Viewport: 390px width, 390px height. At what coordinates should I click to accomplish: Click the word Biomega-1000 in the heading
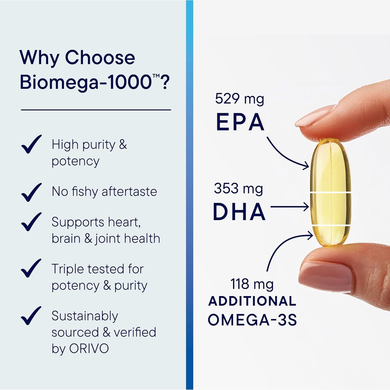[x=86, y=82]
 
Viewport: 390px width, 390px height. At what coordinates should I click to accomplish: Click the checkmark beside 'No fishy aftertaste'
[x=31, y=192]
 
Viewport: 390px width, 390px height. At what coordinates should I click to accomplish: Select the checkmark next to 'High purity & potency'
[x=31, y=144]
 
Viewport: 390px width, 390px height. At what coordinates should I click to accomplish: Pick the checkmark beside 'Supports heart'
[x=31, y=222]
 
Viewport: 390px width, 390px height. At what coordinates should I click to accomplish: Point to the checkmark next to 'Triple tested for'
[x=31, y=268]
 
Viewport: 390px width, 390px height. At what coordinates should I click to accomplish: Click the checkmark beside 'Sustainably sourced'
[x=31, y=316]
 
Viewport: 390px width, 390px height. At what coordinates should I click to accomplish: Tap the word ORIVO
[x=89, y=348]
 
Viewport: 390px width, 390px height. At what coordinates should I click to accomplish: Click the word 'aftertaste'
[x=129, y=192]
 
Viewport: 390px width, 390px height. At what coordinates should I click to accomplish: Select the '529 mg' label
[x=239, y=99]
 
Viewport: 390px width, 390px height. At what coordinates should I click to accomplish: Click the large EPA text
[x=240, y=122]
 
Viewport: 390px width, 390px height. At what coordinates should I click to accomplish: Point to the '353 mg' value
[x=238, y=188]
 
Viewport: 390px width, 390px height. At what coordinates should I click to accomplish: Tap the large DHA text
[x=239, y=212]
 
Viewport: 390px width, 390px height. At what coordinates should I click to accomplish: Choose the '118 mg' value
[x=252, y=284]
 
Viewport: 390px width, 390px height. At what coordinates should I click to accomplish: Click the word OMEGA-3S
[x=252, y=320]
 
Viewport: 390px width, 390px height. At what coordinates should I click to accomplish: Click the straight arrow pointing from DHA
[x=290, y=207]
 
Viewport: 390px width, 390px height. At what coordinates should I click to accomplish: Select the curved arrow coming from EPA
[x=286, y=156]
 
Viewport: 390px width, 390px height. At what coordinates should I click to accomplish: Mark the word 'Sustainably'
[x=85, y=316]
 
